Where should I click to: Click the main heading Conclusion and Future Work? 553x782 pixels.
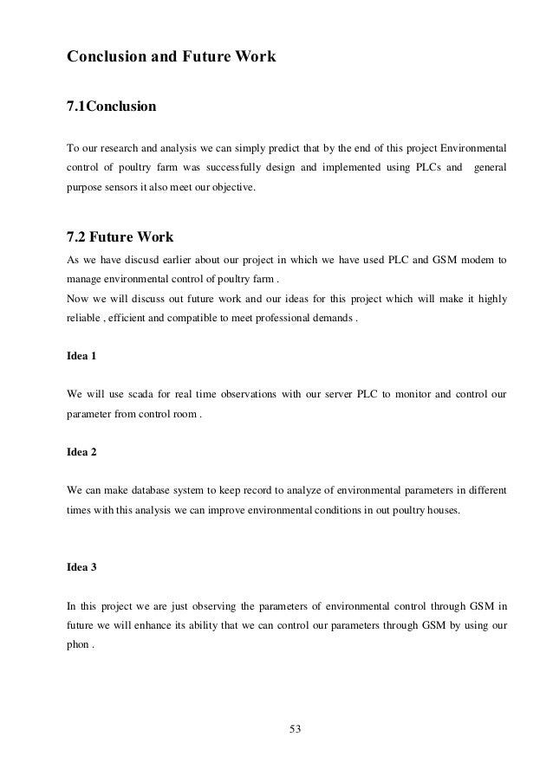pyautogui.click(x=172, y=58)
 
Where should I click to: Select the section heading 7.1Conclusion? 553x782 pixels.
pyautogui.click(x=112, y=107)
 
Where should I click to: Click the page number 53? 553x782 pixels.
pyautogui.click(x=295, y=726)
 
